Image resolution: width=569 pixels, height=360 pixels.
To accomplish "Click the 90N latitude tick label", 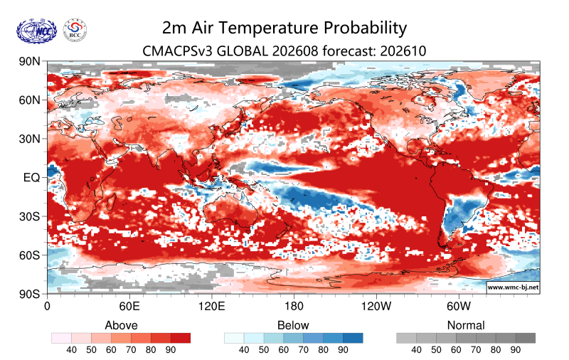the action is coord(29,61).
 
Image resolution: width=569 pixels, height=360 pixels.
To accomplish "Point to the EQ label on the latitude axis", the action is coord(31,178).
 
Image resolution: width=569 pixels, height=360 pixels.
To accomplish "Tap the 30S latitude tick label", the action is coord(29,217).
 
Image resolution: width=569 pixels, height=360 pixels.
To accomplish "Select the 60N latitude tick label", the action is coord(29,100).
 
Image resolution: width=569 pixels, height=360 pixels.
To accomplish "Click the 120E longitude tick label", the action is coord(211,307).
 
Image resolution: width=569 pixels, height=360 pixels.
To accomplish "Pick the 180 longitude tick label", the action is coord(294,307).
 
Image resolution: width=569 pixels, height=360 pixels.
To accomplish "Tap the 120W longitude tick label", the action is coord(376,307).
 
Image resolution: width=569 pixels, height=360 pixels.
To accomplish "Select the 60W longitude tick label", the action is coord(459,307).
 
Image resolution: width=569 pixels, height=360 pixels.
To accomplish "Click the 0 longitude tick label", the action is coord(47,307).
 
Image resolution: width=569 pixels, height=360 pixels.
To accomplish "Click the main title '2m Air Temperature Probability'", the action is coord(284,28).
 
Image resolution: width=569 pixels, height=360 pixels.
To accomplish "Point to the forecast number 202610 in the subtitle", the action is coord(403,51).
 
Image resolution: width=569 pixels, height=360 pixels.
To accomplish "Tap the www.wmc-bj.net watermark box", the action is coord(513,287).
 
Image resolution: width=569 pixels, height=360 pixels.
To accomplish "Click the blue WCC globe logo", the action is coord(37,31).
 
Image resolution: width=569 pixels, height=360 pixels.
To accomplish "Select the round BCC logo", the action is coord(75,31).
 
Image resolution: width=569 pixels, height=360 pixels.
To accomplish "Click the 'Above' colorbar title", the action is coord(121,325).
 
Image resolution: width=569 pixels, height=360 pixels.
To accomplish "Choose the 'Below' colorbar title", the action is coord(293,325).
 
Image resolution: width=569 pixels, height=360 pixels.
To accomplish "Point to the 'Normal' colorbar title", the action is coord(466,325).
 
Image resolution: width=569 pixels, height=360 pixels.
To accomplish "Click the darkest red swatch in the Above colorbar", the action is coord(181,338).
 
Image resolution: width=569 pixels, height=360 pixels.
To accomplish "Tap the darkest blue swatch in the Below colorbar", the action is coord(353,338).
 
